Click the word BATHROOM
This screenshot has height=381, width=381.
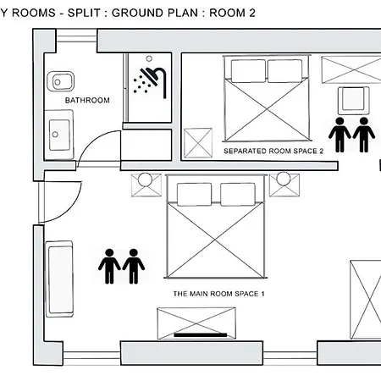pos(87,100)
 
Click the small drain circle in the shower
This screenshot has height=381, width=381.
pos(149,58)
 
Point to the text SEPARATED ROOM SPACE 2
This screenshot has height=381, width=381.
pos(273,151)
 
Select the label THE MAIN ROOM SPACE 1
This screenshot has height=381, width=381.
pos(218,294)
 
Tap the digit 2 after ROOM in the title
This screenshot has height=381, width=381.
pos(252,13)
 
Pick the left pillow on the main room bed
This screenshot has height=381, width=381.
pos(194,194)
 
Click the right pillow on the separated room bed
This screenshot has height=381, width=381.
pos(284,71)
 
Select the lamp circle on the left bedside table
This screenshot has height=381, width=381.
pos(146,179)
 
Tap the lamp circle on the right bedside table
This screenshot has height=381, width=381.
pos(284,179)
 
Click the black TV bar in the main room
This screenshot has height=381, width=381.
pos(201,335)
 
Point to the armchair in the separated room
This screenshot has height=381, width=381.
pos(354,100)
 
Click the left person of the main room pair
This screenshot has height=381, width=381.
pos(109,266)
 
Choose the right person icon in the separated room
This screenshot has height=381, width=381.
pos(364,135)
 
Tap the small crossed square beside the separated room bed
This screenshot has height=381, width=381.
pos(198,143)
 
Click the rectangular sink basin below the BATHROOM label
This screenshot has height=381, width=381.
pos(59,135)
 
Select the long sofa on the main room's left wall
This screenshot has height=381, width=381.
pos(59,279)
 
